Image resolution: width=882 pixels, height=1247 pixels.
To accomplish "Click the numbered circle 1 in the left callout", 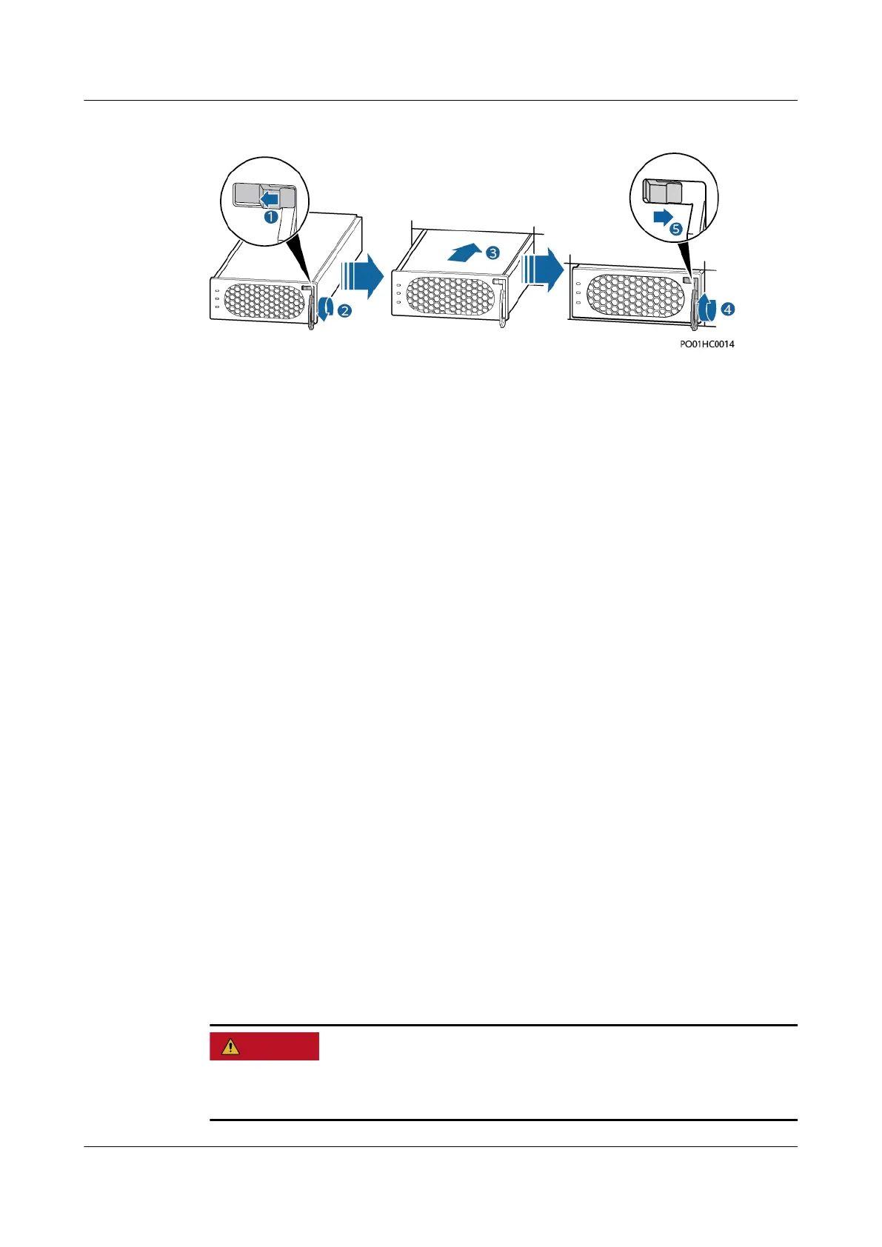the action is [271, 217].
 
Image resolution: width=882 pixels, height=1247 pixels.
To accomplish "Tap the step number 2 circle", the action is [345, 311].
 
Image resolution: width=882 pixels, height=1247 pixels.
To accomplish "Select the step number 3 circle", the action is [492, 253].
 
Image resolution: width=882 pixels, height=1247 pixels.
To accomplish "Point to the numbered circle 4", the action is [728, 310].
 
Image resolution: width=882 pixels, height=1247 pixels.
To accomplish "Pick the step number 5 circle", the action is [676, 230].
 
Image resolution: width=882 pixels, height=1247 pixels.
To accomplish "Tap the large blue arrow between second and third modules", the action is [542, 270].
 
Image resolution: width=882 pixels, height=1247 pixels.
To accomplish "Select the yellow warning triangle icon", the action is [231, 1046].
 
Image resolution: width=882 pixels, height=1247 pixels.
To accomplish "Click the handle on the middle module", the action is [503, 304].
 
